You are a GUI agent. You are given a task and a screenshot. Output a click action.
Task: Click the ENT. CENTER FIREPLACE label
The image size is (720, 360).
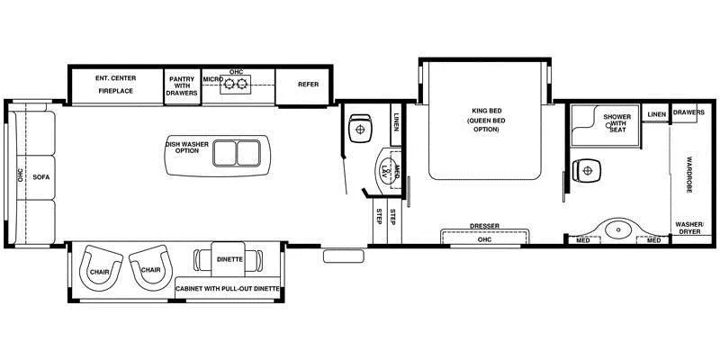(x=114, y=85)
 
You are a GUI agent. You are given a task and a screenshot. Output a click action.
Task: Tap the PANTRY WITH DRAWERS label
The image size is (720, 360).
(x=183, y=85)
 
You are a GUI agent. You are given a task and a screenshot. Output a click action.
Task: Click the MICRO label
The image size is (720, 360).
(x=211, y=80)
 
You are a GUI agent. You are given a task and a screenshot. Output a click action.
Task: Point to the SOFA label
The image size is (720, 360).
(x=41, y=177)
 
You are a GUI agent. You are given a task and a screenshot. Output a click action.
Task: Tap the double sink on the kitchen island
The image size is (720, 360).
(x=235, y=154)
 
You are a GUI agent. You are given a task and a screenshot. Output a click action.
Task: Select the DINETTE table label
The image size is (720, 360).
(x=229, y=258)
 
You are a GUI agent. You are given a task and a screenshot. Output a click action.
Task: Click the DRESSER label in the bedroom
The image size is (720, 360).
(x=484, y=226)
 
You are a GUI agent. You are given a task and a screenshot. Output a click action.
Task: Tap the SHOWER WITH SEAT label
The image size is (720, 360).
(x=616, y=123)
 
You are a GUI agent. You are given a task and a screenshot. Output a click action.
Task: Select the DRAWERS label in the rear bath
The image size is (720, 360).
(x=688, y=113)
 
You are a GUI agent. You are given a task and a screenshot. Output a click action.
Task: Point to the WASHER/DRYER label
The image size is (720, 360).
(x=690, y=227)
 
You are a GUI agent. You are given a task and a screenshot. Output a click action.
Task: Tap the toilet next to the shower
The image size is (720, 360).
(x=588, y=169)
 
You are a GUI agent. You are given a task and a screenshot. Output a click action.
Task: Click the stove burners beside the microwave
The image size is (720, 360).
(x=236, y=85)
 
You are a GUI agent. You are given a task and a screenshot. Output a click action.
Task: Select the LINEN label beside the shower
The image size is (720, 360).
(x=656, y=114)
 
